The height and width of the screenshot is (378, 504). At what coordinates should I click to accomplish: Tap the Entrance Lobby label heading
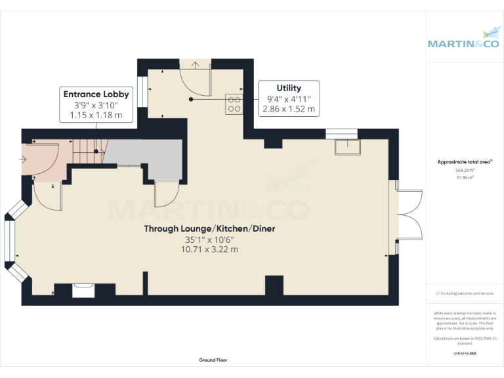[x=96, y=94]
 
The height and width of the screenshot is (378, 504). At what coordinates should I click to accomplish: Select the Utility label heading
[x=289, y=88]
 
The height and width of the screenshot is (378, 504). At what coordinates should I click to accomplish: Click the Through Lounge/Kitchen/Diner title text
[x=210, y=228]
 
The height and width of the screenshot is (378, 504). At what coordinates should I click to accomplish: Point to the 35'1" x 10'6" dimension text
[x=210, y=240]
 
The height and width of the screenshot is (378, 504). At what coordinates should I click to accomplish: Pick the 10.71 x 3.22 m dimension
[x=210, y=249]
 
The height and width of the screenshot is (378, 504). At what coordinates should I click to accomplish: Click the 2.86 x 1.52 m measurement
[x=289, y=109]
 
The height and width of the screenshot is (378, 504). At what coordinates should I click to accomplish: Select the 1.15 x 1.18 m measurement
[x=96, y=115]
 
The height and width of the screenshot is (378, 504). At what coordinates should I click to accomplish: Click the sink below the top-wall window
[x=346, y=148]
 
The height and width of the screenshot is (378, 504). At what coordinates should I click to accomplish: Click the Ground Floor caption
[x=213, y=360]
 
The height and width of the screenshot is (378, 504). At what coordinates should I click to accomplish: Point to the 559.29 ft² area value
[x=465, y=170]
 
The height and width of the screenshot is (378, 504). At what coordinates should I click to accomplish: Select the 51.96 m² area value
[x=465, y=177]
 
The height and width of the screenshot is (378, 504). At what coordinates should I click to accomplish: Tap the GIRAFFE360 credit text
[x=465, y=354]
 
